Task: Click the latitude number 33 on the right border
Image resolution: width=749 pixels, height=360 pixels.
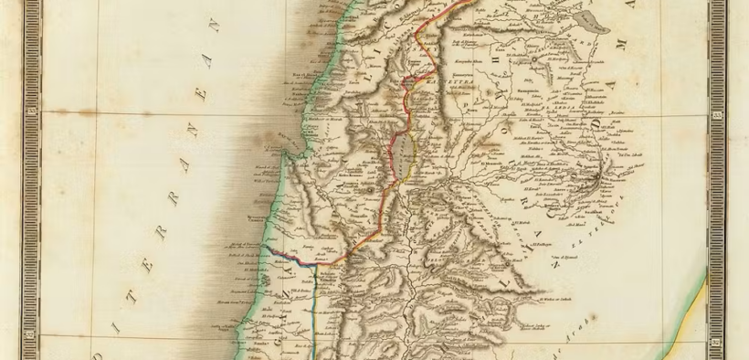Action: [718, 116]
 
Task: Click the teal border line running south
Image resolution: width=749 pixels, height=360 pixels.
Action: [314, 311]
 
